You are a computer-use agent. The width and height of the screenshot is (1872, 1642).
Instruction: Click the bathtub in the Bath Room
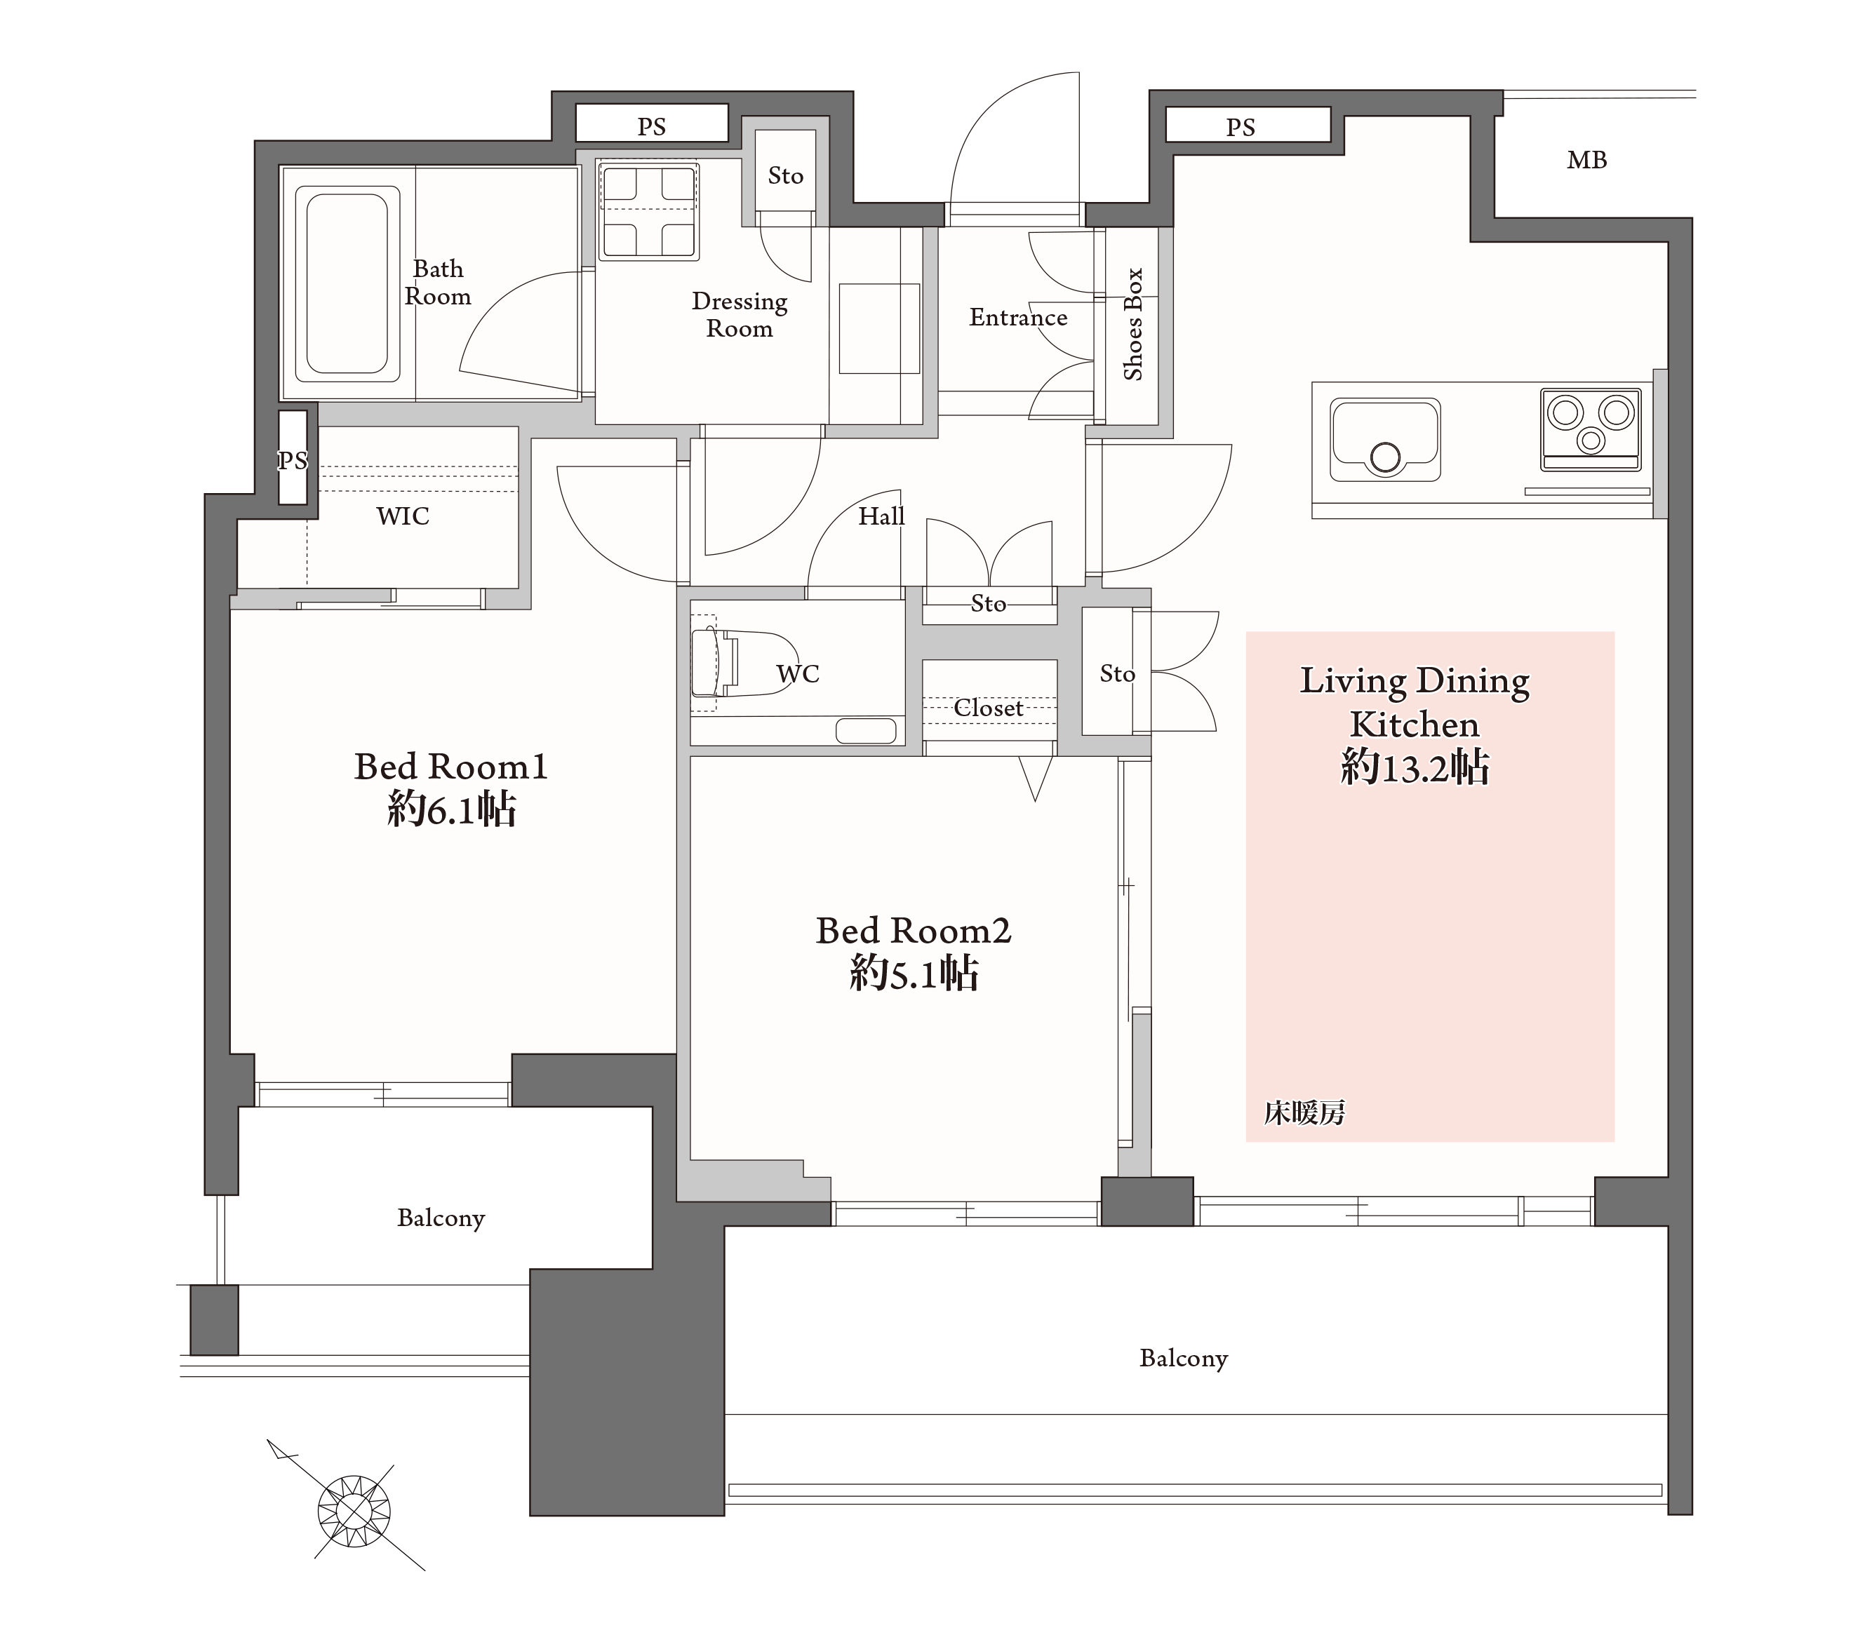click(x=347, y=284)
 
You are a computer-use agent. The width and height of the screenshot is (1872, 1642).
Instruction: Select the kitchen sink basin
click(x=1385, y=440)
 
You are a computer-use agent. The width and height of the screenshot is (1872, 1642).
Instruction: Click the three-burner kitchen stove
click(x=1591, y=429)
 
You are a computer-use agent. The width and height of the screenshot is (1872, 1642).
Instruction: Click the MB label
click(x=1586, y=160)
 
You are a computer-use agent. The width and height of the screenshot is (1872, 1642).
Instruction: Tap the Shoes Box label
click(x=1133, y=323)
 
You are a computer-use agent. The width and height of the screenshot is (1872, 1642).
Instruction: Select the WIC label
click(x=402, y=516)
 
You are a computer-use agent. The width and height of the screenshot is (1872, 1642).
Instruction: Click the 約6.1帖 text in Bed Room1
click(x=452, y=809)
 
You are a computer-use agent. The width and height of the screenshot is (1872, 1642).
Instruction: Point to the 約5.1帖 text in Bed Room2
click(x=914, y=973)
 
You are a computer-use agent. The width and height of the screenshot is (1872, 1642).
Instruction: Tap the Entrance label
click(x=1018, y=317)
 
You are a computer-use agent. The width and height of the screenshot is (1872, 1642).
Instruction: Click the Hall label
click(x=881, y=516)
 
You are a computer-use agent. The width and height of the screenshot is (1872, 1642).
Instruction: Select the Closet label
click(x=988, y=708)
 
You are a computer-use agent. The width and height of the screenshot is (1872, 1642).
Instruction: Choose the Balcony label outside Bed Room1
click(x=441, y=1218)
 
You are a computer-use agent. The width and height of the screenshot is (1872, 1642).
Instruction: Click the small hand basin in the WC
click(x=865, y=731)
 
